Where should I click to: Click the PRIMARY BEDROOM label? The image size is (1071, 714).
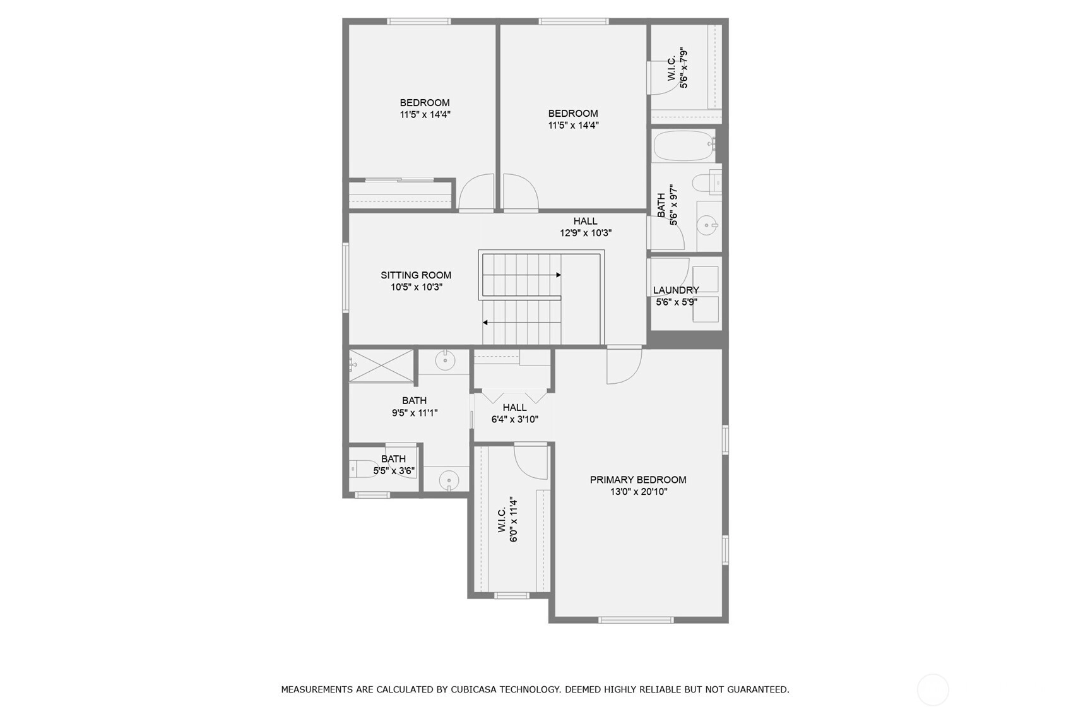click(x=638, y=480)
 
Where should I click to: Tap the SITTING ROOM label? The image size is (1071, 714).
click(x=416, y=275)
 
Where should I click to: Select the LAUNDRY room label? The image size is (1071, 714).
click(x=676, y=290)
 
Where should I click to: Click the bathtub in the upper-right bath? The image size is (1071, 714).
click(x=683, y=145)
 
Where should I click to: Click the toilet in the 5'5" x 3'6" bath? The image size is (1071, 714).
click(x=359, y=469)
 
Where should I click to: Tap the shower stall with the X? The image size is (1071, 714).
click(x=381, y=366)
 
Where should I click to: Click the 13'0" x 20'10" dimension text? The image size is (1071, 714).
click(x=639, y=492)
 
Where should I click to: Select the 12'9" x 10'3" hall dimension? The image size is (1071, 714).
click(x=586, y=233)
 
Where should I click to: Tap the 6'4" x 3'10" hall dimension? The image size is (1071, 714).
click(x=515, y=419)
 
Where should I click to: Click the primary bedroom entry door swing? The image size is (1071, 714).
click(x=624, y=366)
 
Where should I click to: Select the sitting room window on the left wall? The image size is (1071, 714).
click(x=346, y=277)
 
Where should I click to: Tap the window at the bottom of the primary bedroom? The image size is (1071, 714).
click(x=636, y=621)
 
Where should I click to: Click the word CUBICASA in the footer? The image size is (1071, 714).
click(x=473, y=689)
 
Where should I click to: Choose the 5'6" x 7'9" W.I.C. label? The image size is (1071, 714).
click(x=678, y=68)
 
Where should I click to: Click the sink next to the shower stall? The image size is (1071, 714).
click(x=445, y=360)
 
